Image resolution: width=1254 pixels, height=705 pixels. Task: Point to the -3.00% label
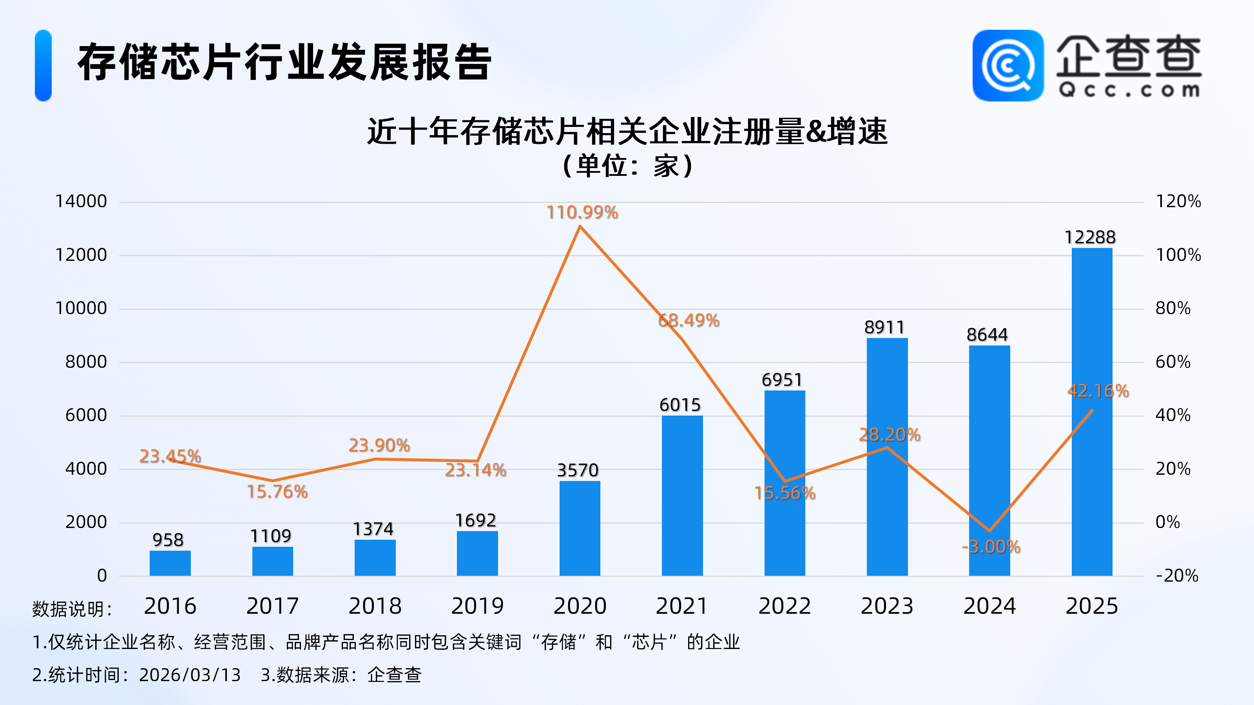pos(991,547)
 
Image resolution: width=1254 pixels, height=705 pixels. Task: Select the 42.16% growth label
pos(1098,391)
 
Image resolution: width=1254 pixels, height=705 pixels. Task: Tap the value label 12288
pos(1089,237)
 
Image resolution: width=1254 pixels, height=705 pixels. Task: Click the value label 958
pos(168,540)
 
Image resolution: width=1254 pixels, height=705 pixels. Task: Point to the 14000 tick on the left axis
pos(81,201)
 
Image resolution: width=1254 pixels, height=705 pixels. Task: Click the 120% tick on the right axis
pos(1178,201)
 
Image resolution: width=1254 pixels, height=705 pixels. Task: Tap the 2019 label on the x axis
pos(477,606)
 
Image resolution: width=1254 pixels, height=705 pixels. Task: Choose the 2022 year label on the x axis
pos(784,606)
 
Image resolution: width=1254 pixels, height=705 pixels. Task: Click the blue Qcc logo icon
pos(1008,66)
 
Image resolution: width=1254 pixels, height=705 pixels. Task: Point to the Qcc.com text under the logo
pos(1129,90)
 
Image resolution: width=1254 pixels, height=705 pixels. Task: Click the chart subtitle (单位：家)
pos(627,166)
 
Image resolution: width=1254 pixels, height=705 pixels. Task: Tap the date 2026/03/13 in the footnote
pos(190,675)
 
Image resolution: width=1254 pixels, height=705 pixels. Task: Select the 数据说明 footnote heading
pos(72,609)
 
